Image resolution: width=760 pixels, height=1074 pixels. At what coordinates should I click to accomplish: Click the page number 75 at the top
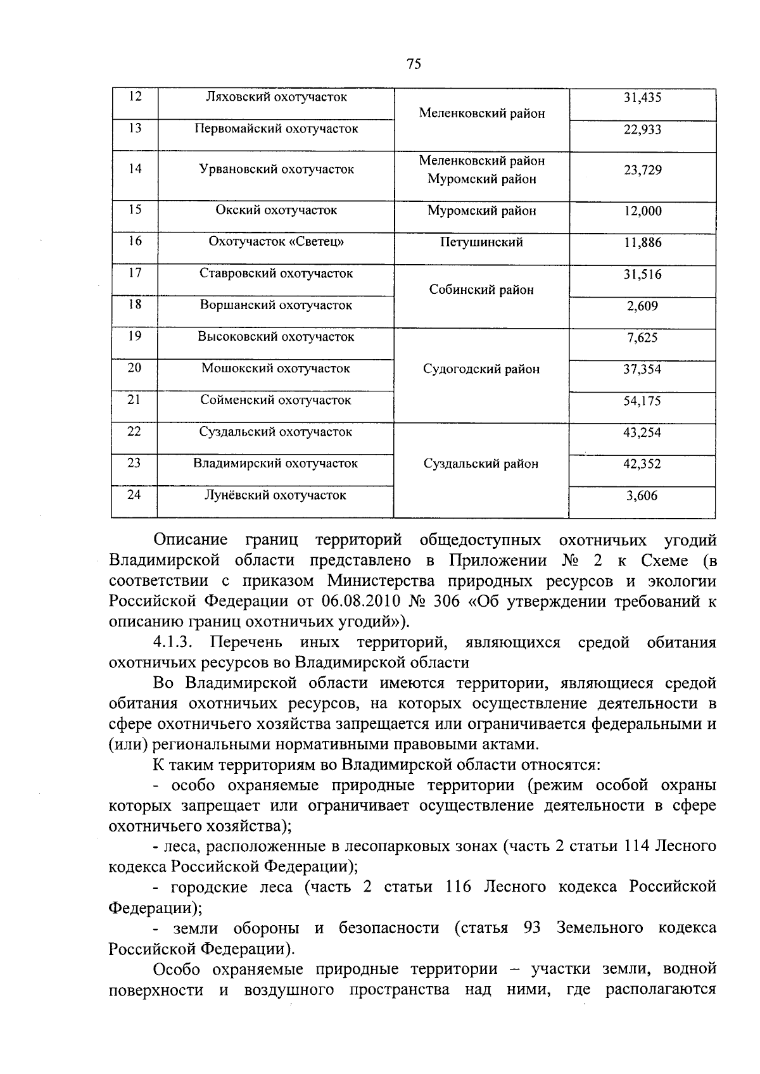[x=414, y=64]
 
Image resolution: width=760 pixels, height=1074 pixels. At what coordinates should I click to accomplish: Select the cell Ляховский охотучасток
[x=277, y=97]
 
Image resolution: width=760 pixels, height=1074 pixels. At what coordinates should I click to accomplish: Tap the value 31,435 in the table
[x=642, y=98]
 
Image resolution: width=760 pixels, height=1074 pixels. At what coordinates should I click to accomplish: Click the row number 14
[x=135, y=168]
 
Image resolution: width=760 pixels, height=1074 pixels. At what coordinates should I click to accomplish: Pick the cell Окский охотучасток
[x=276, y=210]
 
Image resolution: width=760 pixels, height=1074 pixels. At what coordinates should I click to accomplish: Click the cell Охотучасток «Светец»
[x=276, y=242]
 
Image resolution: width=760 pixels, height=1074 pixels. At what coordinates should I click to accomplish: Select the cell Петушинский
[x=481, y=242]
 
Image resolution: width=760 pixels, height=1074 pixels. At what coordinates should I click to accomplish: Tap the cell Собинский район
[x=481, y=290]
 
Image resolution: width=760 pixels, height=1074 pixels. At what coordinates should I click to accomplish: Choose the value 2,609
[x=642, y=306]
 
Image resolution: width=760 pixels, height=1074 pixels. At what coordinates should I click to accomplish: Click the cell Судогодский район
[x=481, y=369]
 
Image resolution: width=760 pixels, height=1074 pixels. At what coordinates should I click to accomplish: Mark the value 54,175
[x=642, y=401]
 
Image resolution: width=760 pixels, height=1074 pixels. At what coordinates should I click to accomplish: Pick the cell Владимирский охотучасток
[x=275, y=464]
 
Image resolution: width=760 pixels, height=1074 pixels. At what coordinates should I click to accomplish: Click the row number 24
[x=134, y=495]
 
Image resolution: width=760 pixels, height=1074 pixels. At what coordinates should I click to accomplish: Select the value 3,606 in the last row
[x=642, y=496]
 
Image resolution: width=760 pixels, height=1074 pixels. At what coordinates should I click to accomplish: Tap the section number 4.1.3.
[x=172, y=643]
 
